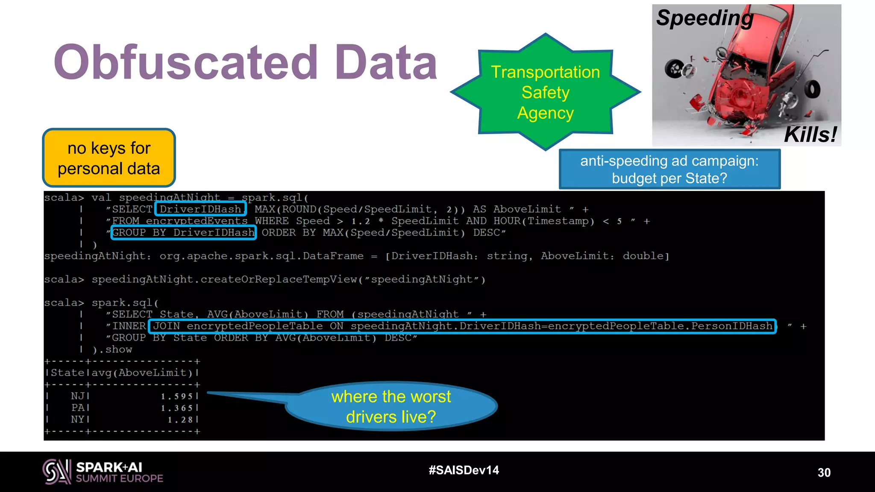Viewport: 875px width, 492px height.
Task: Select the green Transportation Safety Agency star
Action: (x=545, y=92)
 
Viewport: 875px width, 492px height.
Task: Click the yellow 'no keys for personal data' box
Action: (x=109, y=158)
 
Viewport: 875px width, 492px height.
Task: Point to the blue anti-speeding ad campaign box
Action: (x=669, y=169)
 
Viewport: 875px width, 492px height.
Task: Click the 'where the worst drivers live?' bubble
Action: (x=391, y=407)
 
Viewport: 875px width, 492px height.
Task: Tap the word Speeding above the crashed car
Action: (x=705, y=18)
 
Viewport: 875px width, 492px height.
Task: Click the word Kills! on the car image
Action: (x=810, y=135)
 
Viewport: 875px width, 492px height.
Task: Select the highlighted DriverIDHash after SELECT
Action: (x=200, y=209)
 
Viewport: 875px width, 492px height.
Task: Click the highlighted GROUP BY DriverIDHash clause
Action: (x=183, y=232)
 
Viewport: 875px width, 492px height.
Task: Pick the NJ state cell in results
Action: (x=78, y=396)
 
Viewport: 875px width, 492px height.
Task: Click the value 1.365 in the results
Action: (x=177, y=408)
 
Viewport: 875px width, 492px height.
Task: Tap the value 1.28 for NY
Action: (x=180, y=420)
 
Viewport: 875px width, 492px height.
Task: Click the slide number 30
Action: (x=824, y=472)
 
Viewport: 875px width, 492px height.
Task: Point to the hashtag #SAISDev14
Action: (x=464, y=470)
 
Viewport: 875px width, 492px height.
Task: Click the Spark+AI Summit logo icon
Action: (x=56, y=471)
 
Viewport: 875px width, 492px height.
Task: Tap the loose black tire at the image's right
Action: (x=812, y=89)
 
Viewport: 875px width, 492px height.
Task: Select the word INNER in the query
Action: (x=129, y=326)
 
